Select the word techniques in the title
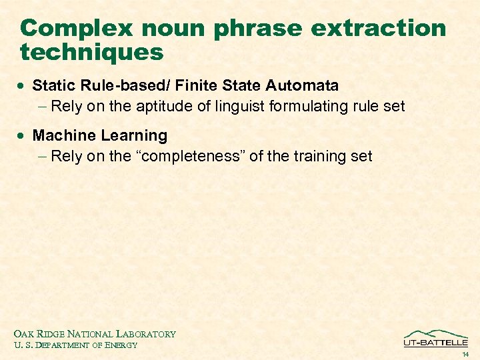click(92, 52)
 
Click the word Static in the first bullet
click(53, 85)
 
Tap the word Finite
click(197, 85)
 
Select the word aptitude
click(165, 106)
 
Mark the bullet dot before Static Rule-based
click(23, 86)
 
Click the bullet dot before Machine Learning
click(23, 136)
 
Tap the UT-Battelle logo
click(435, 339)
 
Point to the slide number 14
click(465, 354)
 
